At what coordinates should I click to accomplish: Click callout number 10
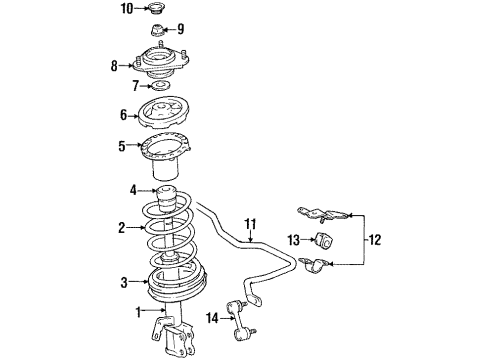coord(126,9)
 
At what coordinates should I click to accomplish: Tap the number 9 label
coord(181,28)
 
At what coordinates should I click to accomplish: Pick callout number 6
coord(124,116)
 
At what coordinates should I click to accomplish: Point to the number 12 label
coord(376,240)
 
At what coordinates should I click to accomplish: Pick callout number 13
coord(292,239)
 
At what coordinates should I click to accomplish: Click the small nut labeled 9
coord(158,30)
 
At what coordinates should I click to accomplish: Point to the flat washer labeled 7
coord(161,86)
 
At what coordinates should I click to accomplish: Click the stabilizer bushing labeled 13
coord(323,240)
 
